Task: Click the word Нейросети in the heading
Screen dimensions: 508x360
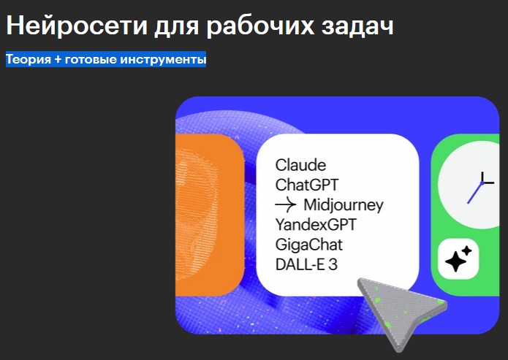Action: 77,25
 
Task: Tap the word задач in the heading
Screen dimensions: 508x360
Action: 357,26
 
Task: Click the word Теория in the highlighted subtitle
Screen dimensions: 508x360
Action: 29,60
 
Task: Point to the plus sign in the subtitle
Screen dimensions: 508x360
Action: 58,60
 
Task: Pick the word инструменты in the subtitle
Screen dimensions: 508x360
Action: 163,60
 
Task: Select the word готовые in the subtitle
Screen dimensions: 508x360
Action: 91,60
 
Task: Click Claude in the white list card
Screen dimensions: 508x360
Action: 300,165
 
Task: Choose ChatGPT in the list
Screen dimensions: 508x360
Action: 307,185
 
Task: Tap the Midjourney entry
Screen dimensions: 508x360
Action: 344,205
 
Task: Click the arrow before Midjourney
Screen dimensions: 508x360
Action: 285,204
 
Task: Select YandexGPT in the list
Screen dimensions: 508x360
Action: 316,225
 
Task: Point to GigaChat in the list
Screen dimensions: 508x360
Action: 308,245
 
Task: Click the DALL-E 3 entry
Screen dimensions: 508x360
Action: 306,264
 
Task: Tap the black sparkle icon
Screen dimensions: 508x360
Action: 458,259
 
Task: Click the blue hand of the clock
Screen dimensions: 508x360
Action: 475,194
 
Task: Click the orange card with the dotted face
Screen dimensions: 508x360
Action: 209,215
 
